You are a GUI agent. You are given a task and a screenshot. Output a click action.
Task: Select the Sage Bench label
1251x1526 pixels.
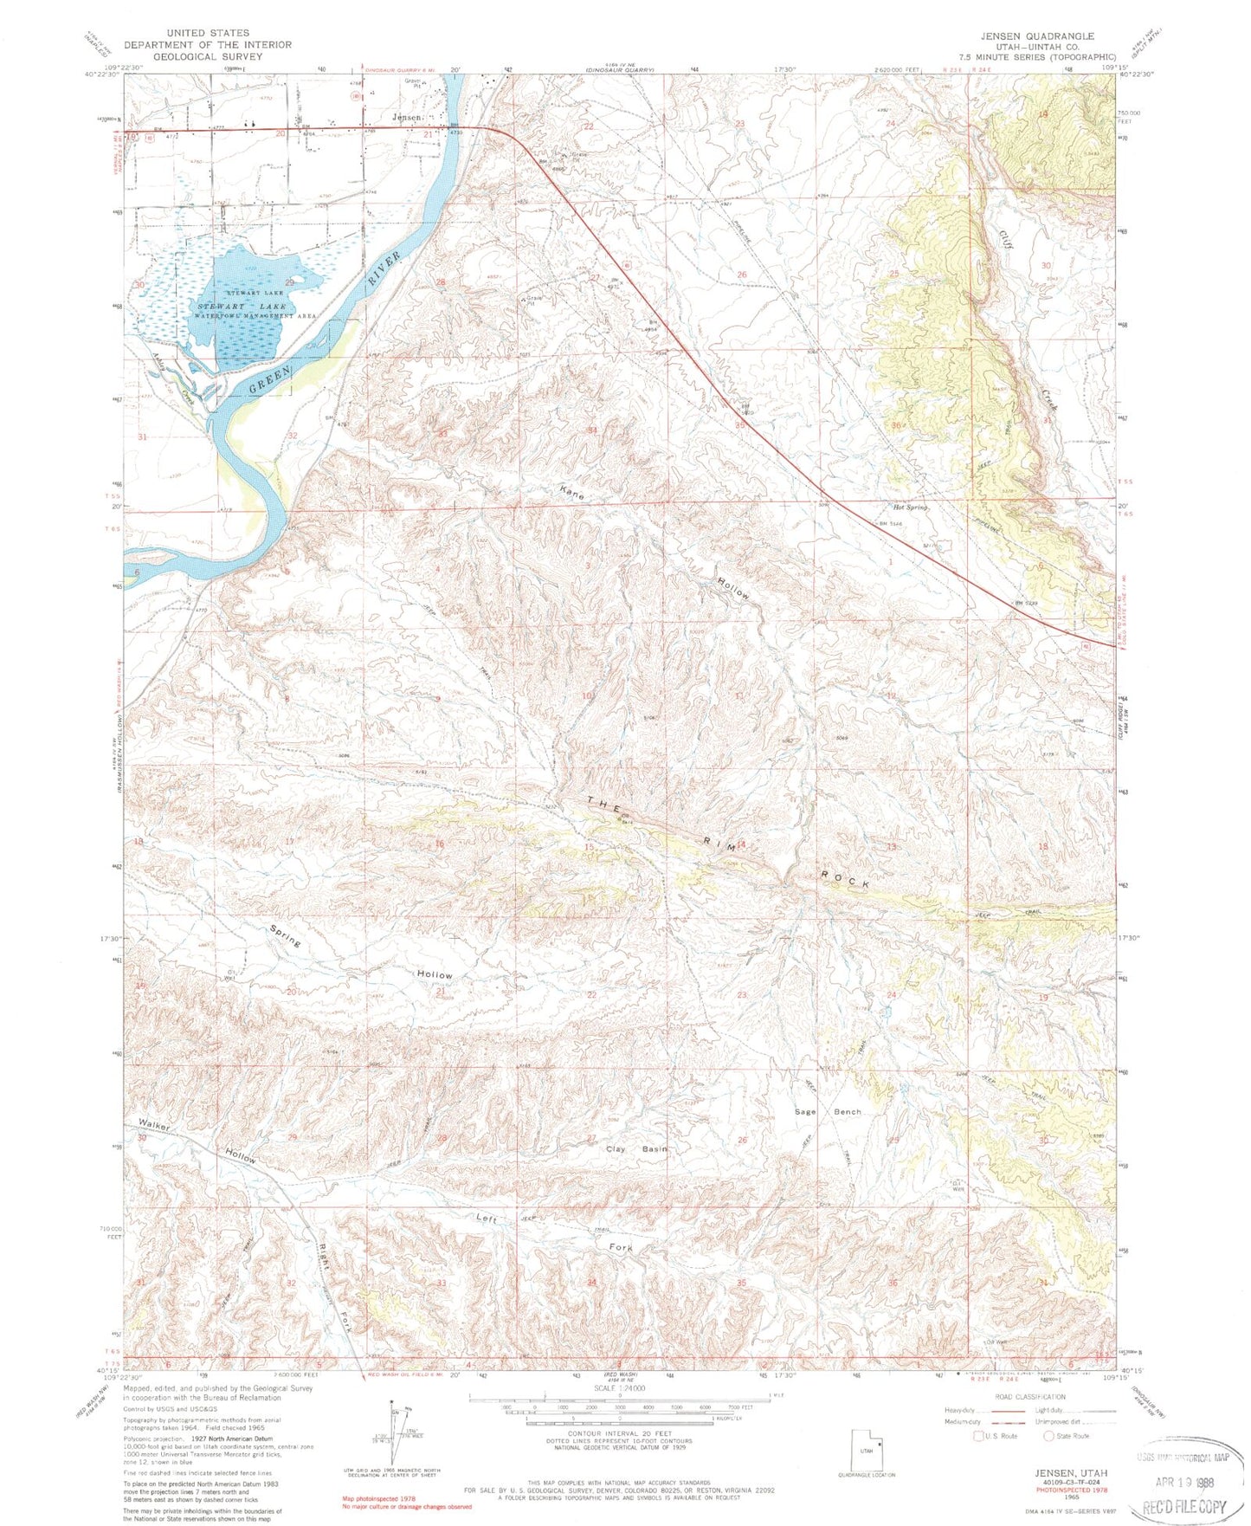click(829, 1111)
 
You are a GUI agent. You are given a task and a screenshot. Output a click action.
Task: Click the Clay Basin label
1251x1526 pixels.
click(636, 1148)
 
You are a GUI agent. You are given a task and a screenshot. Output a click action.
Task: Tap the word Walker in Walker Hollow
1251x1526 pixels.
click(153, 1126)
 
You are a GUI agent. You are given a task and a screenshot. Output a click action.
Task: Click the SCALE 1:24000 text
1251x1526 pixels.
click(619, 1387)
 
